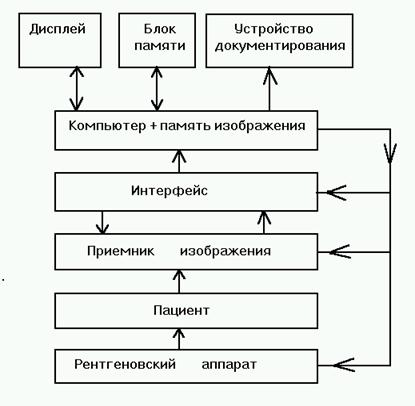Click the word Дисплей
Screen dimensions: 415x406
coord(57,29)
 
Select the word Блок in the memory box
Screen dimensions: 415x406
coord(160,29)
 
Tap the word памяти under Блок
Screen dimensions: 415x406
coord(160,46)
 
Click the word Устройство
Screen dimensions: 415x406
coord(273,29)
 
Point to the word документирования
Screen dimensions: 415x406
coord(280,46)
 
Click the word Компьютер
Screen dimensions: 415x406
coord(107,126)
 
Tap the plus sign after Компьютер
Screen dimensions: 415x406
coord(153,126)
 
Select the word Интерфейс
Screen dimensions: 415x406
coord(169,191)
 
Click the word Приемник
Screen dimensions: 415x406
coord(121,251)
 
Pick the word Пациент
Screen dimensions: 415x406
coord(181,310)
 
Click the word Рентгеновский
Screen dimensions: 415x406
coord(125,364)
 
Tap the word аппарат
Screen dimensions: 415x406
coord(229,365)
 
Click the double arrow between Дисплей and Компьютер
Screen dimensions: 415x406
coord(77,89)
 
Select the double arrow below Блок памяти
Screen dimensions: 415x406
coord(157,89)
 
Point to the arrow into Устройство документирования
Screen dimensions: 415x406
coord(269,89)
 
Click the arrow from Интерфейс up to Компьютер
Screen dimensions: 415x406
coord(179,161)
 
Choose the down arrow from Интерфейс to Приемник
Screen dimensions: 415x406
coord(102,222)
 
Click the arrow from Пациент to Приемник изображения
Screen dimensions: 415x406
coord(179,281)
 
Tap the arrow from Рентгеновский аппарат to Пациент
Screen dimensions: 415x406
coord(179,339)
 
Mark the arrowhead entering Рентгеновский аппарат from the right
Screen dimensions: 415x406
coord(343,365)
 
